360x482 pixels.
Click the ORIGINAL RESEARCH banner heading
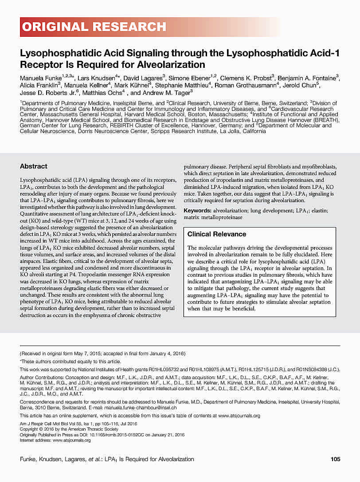[94, 27]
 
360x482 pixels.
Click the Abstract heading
[33, 166]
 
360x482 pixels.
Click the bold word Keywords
[197, 211]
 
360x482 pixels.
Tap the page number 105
[335, 459]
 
